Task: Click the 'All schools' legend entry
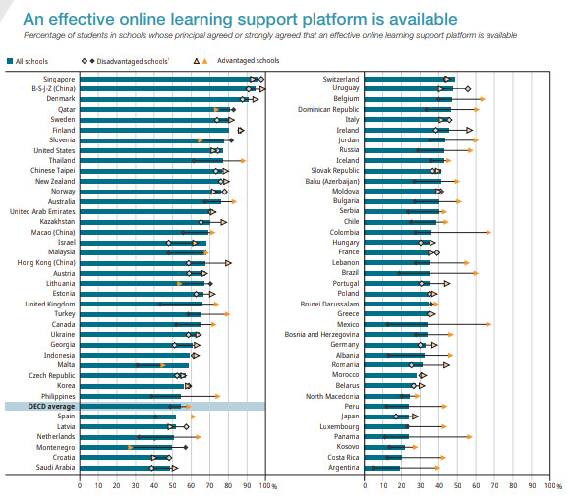pos(34,61)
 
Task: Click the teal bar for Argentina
pos(381,468)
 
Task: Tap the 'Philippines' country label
pos(55,396)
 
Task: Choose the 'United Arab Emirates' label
pos(41,211)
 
